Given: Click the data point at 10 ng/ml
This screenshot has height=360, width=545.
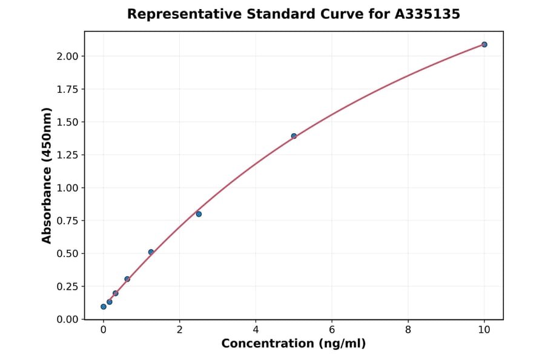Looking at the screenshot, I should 484,44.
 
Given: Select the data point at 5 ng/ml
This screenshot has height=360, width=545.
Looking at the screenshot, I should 294,136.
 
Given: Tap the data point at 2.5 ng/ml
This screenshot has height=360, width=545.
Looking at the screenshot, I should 199,214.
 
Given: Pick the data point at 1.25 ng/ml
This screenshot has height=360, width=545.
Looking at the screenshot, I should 151,252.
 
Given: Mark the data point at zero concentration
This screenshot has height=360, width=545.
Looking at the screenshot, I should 104,307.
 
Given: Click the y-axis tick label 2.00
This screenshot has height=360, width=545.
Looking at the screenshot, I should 67,56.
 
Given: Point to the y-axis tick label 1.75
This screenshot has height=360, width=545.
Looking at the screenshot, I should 67,89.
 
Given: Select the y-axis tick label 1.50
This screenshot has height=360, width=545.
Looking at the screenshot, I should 67,122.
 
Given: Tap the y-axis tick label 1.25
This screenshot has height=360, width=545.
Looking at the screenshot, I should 67,155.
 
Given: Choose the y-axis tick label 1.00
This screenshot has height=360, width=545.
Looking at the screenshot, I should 67,188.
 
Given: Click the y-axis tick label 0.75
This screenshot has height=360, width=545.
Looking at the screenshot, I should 67,221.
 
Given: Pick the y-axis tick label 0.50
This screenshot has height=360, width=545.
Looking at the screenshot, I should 67,253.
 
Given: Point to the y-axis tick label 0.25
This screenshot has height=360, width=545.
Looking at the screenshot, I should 67,287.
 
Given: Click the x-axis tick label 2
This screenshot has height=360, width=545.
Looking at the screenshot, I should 179,330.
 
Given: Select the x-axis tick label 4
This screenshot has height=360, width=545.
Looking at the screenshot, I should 256,330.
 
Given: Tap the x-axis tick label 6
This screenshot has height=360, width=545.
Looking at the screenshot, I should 332,330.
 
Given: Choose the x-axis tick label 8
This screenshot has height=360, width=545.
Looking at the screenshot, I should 408,330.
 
